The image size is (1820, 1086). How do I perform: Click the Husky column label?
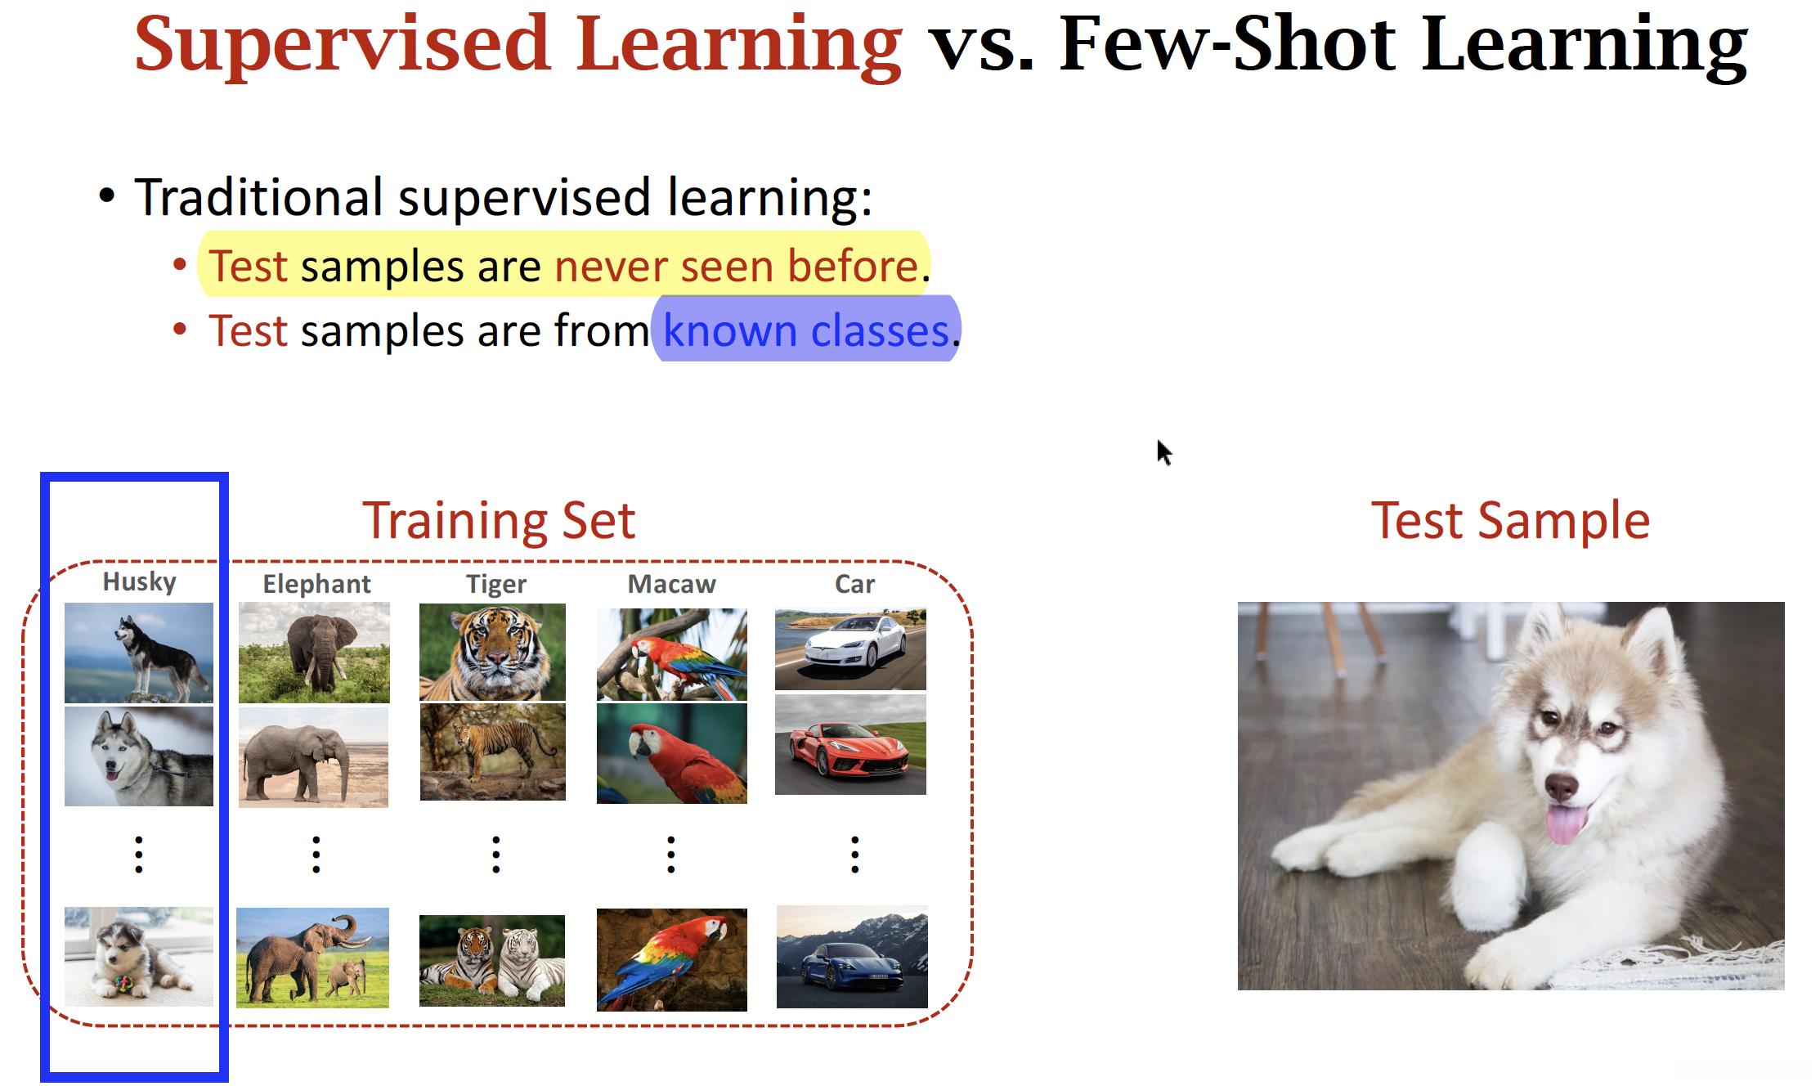[139, 582]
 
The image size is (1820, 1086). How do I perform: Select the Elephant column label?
[316, 584]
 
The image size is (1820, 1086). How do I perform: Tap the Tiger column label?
[496, 584]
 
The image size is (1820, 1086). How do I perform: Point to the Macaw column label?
[671, 584]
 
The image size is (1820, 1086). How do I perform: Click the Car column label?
[854, 584]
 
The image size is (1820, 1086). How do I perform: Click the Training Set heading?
[499, 520]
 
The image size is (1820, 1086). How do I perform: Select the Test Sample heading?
[1510, 520]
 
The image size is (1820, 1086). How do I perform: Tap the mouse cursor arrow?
[1164, 452]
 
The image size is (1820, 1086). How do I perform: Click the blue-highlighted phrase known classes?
[806, 330]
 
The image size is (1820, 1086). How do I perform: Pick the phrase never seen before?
[737, 266]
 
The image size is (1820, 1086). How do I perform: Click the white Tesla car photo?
[850, 649]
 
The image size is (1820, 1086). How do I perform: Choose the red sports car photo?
[850, 744]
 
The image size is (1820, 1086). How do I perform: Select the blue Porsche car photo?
[852, 957]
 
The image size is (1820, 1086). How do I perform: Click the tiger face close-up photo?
[492, 652]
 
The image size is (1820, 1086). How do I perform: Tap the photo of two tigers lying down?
[492, 960]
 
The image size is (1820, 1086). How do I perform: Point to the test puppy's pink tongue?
[1565, 822]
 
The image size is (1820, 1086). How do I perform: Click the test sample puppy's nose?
[1561, 786]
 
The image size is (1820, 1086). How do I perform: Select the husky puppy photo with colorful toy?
[139, 956]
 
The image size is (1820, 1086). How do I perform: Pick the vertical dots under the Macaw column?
[671, 855]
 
